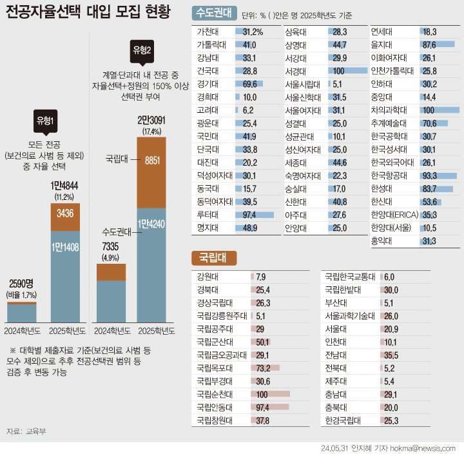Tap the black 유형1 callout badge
[x=44, y=121]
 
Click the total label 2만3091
[x=151, y=120]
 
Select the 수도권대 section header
[x=209, y=12]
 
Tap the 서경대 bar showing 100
[x=346, y=70]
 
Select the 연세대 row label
[x=383, y=31]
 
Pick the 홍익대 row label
[x=383, y=241]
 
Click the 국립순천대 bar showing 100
[x=271, y=393]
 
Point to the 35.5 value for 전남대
[x=391, y=355]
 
